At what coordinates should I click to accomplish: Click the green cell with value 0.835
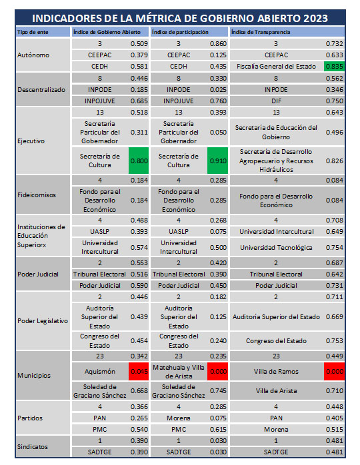(x=334, y=66)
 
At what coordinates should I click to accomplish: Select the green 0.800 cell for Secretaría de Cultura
(x=139, y=161)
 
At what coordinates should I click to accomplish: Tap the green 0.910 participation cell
(x=217, y=161)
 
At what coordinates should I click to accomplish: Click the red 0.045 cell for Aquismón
(x=139, y=371)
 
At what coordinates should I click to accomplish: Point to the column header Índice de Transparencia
(x=261, y=32)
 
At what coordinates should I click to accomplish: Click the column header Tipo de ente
(x=33, y=32)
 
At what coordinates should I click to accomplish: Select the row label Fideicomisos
(x=37, y=195)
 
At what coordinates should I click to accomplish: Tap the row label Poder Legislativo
(x=43, y=321)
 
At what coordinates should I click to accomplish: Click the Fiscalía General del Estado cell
(x=276, y=67)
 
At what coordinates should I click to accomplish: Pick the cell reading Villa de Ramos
(x=276, y=372)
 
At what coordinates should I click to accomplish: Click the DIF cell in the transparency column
(x=276, y=101)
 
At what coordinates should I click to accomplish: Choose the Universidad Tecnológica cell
(x=276, y=248)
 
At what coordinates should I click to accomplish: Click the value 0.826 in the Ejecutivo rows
(x=334, y=161)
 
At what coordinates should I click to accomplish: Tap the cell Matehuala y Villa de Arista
(x=179, y=372)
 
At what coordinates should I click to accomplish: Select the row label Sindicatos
(x=33, y=446)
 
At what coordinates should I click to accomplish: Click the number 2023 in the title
(x=315, y=19)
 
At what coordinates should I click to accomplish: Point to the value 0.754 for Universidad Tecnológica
(x=334, y=247)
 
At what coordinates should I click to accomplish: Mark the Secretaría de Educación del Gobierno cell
(x=276, y=133)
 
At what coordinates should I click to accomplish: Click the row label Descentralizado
(x=41, y=89)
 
